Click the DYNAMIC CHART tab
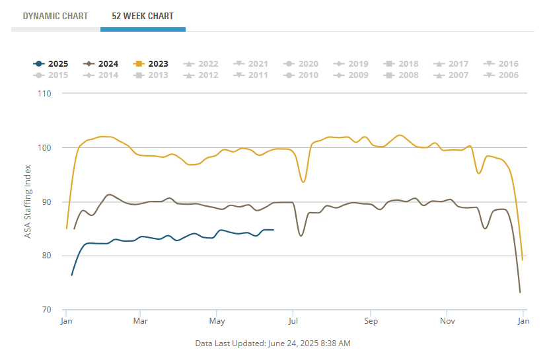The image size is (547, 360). click(x=55, y=16)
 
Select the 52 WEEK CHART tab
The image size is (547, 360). click(x=143, y=16)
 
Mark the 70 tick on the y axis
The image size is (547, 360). click(x=45, y=310)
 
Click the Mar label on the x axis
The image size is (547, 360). click(x=139, y=322)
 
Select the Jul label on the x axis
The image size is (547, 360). click(x=293, y=322)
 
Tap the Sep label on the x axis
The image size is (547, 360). click(x=370, y=322)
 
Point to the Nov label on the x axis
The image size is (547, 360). click(x=447, y=322)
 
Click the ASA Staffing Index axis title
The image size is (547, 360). click(x=28, y=202)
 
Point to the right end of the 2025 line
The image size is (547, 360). click(x=273, y=230)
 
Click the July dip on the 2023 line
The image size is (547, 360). click(x=303, y=182)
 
